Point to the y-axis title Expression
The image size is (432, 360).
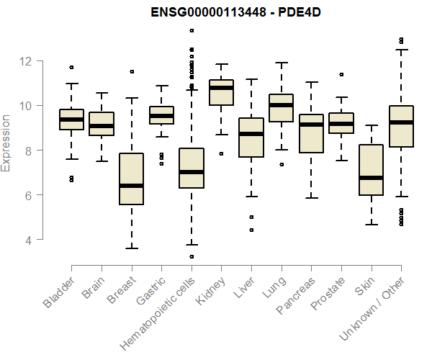[6, 143]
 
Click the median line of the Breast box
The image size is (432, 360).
[131, 186]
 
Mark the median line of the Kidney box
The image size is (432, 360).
[221, 88]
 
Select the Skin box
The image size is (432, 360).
[371, 170]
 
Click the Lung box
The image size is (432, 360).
[281, 108]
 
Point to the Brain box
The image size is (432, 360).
[102, 124]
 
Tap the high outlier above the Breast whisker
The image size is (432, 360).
[131, 71]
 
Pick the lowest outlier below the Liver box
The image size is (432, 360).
[251, 230]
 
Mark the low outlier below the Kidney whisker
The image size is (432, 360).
[221, 153]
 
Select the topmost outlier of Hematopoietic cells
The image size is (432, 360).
[191, 30]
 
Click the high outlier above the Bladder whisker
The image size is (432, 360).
[71, 67]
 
